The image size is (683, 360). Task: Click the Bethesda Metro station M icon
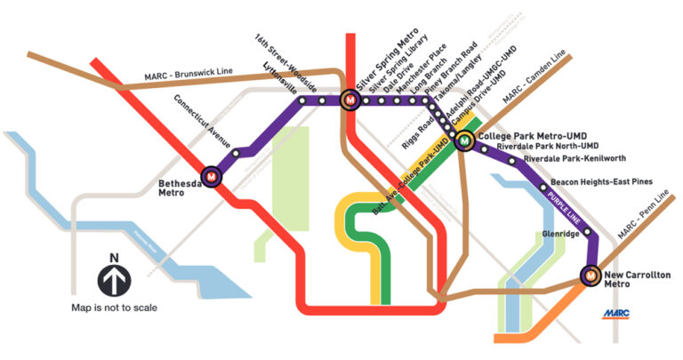(212, 177)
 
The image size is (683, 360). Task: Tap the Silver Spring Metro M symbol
(350, 100)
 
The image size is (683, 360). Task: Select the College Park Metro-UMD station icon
(465, 140)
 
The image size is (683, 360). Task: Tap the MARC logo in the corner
(616, 315)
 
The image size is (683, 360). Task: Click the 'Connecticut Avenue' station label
(203, 122)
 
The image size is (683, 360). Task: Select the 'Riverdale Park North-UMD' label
(547, 146)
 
